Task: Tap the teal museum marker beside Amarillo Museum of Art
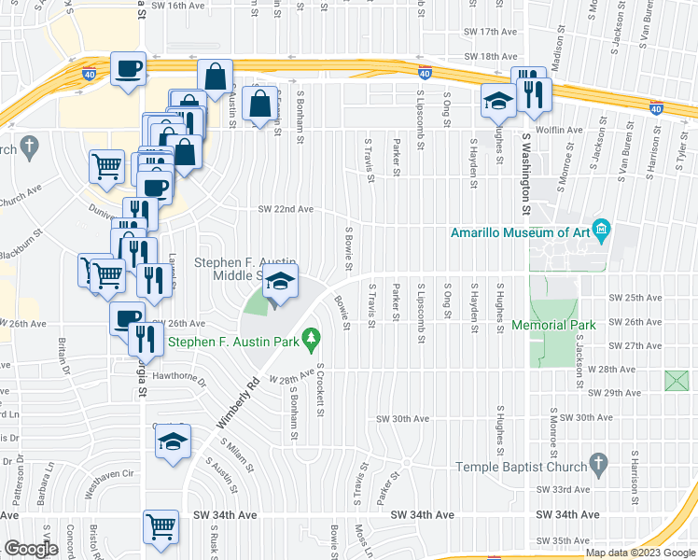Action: pyautogui.click(x=602, y=229)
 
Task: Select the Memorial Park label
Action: pyautogui.click(x=553, y=326)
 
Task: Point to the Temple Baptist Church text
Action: pyautogui.click(x=519, y=467)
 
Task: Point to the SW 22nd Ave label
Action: pyautogui.click(x=286, y=209)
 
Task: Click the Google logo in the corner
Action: pyautogui.click(x=31, y=549)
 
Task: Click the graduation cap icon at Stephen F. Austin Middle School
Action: pyautogui.click(x=279, y=280)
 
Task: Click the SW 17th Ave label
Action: pyautogui.click(x=503, y=32)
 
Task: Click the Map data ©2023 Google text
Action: pyautogui.click(x=639, y=553)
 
